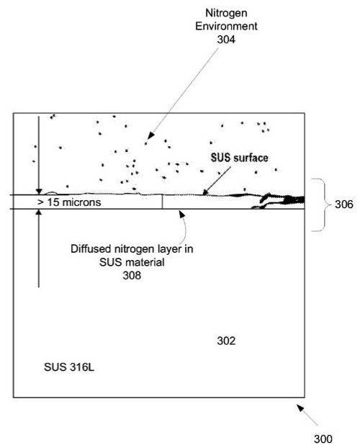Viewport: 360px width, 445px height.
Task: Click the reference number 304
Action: pos(226,40)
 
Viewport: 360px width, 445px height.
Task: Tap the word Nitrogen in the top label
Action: pos(226,13)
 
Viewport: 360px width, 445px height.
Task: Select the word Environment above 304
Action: pos(226,26)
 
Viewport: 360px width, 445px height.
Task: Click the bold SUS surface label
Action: pos(239,158)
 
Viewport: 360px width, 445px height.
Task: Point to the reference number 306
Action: pos(344,204)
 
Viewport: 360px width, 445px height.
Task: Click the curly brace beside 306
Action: pos(325,204)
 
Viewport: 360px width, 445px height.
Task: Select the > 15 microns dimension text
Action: pos(69,202)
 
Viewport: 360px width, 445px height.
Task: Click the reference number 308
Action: pos(132,275)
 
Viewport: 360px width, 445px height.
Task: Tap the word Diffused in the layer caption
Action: pos(91,249)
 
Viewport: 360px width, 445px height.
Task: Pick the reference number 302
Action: pos(226,341)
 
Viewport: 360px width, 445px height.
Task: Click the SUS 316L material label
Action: pos(69,367)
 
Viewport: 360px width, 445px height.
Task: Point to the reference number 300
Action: pos(323,439)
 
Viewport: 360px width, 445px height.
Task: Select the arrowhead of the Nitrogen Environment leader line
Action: pos(150,135)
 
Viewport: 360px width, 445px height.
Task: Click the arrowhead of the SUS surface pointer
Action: pos(205,192)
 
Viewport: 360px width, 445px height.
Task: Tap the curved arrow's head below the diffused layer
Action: pos(182,214)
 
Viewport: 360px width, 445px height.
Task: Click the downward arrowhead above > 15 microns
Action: pos(39,192)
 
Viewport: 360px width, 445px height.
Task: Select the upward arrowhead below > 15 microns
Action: pos(39,212)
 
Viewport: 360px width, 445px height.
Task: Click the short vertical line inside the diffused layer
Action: pos(162,202)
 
